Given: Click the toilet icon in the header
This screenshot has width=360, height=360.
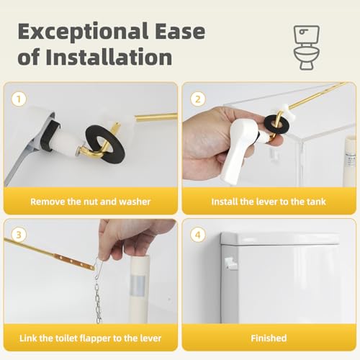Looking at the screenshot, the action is click(307, 48).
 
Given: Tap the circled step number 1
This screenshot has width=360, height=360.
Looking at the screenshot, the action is click(19, 99).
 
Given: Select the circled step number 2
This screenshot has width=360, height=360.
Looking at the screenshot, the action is click(198, 99).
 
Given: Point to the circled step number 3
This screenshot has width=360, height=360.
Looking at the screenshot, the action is click(19, 235).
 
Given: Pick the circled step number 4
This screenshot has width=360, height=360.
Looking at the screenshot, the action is click(198, 235).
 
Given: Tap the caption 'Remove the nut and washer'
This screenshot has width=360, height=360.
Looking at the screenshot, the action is click(91, 202).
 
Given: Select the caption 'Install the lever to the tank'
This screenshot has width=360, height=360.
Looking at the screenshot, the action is click(269, 202).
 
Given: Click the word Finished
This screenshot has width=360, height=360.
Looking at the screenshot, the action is click(269, 338).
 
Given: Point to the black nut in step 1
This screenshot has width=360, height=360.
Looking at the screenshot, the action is click(51, 135).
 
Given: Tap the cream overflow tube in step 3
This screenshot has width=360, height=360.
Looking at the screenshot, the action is click(139, 289).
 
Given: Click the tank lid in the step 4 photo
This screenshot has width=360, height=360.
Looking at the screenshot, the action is click(279, 238).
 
